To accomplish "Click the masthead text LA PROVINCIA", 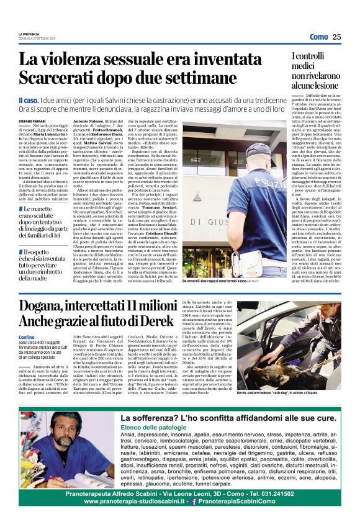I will click(x=29, y=34).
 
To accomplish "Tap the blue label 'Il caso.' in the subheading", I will click(x=30, y=100).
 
